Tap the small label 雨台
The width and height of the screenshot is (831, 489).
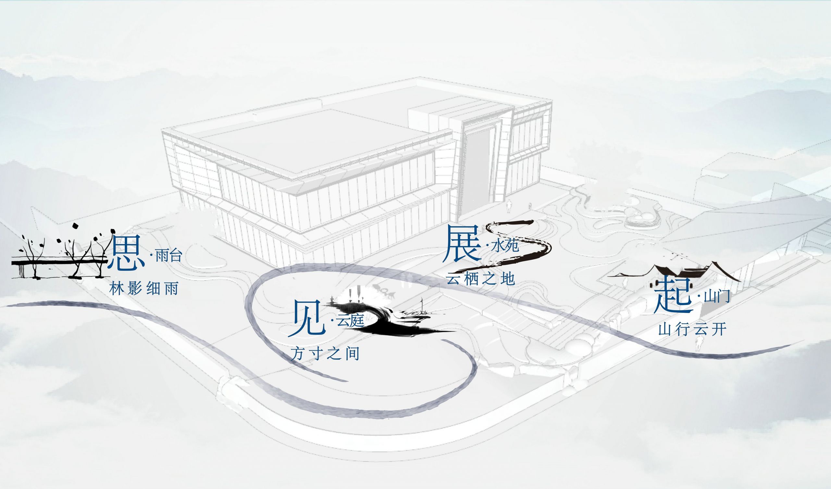pyautogui.click(x=168, y=257)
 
